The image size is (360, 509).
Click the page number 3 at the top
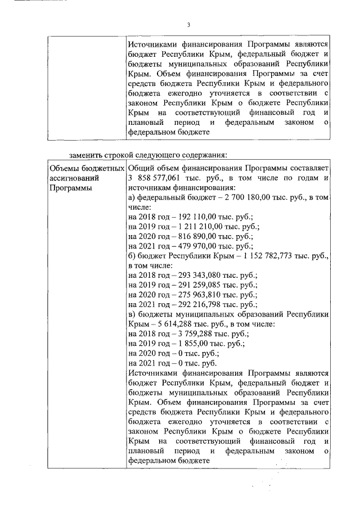[x=188, y=24]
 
